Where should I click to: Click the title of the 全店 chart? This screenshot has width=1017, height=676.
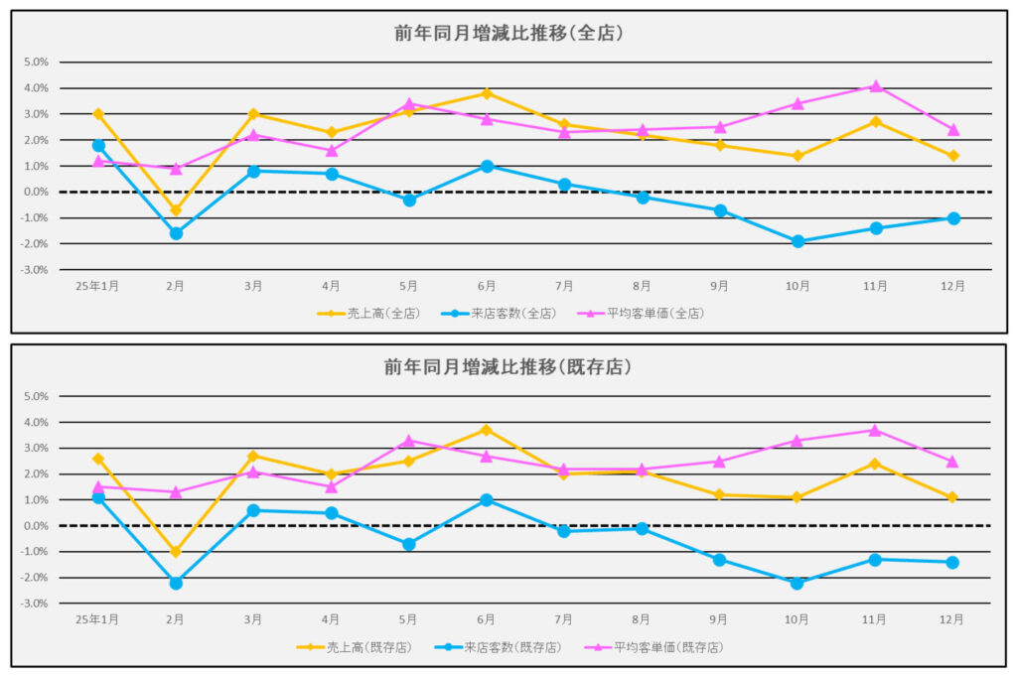pos(508,33)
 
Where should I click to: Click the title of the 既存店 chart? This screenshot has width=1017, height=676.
pos(508,367)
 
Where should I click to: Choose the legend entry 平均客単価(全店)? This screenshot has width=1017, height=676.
pos(651,314)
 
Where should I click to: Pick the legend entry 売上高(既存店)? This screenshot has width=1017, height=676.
pos(355,647)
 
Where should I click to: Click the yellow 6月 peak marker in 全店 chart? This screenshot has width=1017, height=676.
pos(487,93)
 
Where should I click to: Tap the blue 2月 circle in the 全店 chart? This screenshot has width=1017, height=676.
pos(176,233)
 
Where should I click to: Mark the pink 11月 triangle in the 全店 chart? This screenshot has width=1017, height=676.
pos(875,86)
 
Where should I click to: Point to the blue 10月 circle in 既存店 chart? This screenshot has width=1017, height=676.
pos(798,583)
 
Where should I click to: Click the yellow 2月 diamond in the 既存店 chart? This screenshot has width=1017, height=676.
pos(176,552)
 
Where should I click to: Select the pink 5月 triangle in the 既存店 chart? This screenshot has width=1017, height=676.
pos(408,440)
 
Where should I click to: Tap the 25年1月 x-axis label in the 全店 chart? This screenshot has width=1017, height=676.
pos(98,286)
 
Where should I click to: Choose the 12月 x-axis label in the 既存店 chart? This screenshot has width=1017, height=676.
pos(952,619)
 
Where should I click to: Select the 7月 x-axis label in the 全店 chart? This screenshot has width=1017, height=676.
pos(564,286)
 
